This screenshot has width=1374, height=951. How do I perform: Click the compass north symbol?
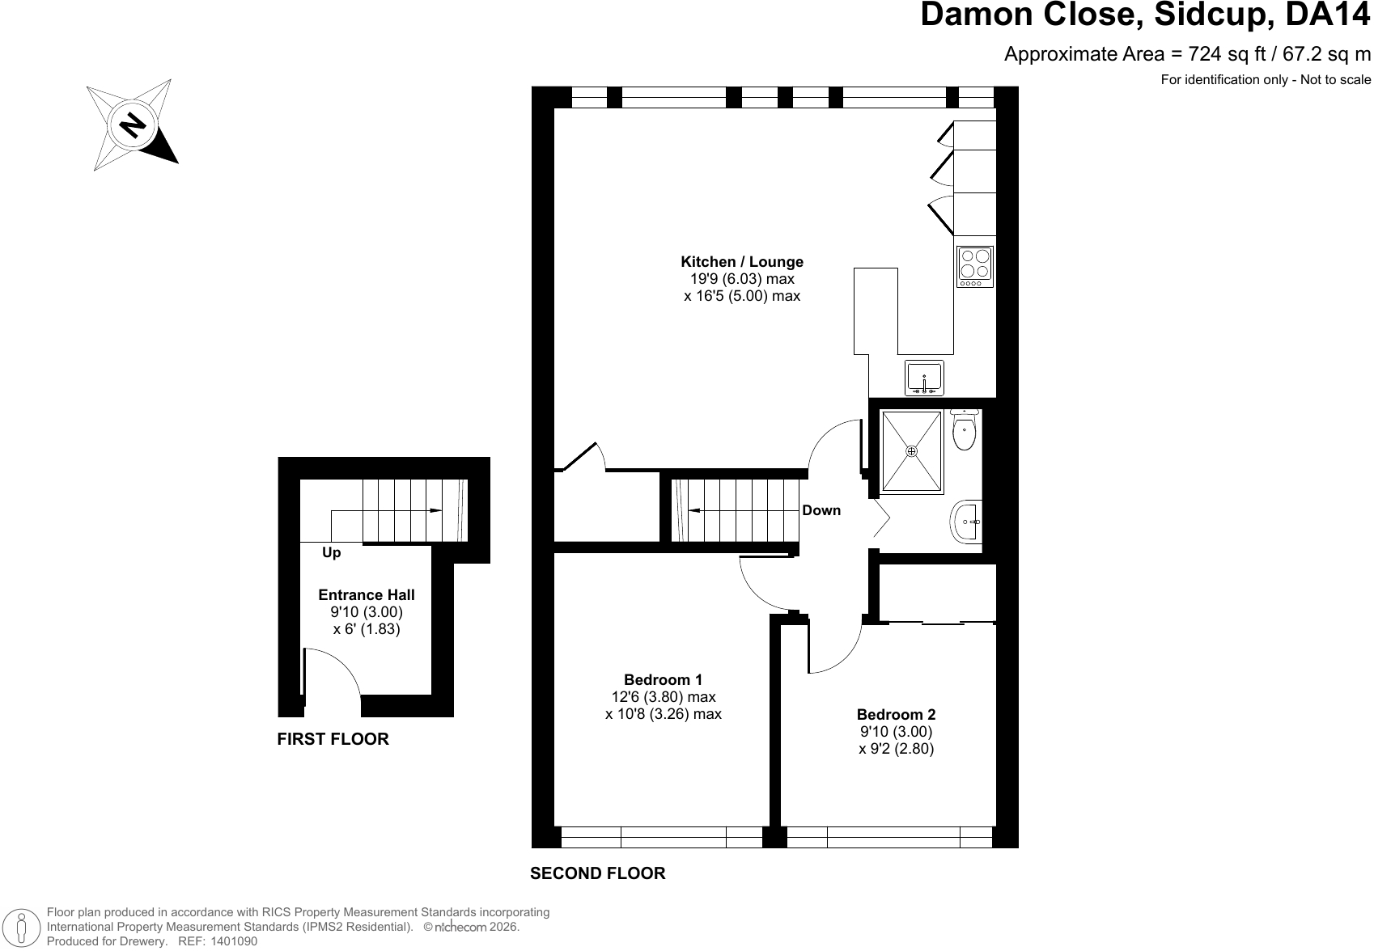[x=133, y=125]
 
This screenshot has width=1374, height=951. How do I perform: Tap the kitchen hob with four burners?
[x=975, y=267]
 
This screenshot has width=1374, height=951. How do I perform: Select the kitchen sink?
[x=924, y=378]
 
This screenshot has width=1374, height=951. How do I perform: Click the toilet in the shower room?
[x=965, y=429]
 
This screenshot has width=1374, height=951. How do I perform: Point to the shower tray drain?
[x=911, y=451]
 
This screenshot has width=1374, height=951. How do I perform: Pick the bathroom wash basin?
[x=966, y=522]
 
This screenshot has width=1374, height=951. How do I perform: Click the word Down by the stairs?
[x=821, y=510]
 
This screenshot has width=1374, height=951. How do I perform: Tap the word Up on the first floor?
[x=331, y=553]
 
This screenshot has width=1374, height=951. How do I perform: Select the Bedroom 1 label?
[x=663, y=679]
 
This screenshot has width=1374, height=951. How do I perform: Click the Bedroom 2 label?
[x=896, y=714]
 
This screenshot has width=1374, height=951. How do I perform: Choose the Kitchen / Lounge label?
[x=742, y=262]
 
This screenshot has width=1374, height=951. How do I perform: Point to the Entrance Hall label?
[x=367, y=594]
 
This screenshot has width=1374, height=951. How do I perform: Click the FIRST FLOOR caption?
[x=333, y=739]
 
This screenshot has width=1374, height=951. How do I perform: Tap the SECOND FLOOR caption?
[x=598, y=873]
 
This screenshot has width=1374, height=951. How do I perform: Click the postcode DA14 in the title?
[x=1328, y=15]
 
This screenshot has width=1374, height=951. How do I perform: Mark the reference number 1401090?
[x=234, y=941]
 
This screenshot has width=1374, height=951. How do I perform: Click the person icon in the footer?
[x=22, y=927]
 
